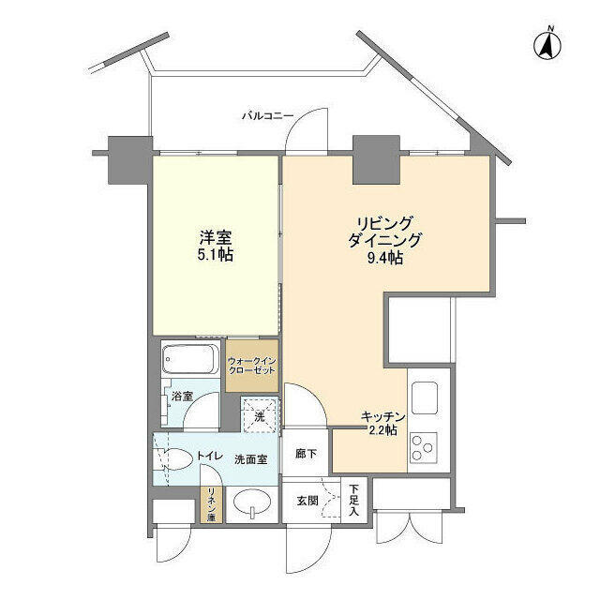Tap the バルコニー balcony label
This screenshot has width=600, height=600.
click(267, 116)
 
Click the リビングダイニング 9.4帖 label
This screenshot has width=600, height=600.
click(384, 240)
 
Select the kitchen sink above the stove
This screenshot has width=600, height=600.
click(423, 397)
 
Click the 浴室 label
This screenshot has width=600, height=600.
click(182, 396)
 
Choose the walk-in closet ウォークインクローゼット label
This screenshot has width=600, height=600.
click(252, 364)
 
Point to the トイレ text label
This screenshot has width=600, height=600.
click(209, 457)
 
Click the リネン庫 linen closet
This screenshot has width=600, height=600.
click(212, 506)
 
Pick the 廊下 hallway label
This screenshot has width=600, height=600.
click(307, 453)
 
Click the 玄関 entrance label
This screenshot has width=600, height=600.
click(306, 501)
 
